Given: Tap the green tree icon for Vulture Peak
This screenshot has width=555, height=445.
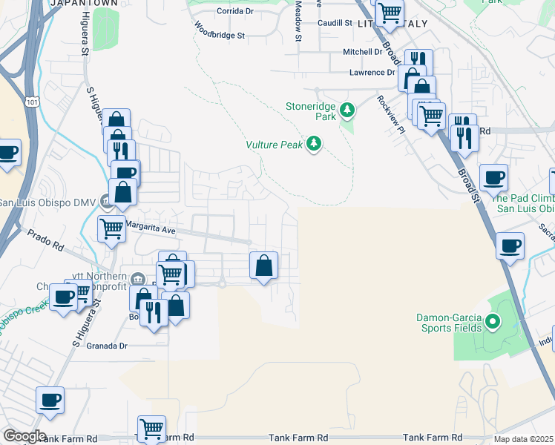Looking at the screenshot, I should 314,143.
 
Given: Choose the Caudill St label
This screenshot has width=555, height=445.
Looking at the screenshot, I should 335,23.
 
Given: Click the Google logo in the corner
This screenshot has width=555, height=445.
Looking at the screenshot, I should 24,436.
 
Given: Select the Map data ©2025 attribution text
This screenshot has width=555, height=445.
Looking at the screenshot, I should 523,439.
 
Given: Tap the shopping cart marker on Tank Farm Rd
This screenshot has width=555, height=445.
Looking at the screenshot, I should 151,428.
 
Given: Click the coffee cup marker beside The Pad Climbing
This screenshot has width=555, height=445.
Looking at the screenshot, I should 493,177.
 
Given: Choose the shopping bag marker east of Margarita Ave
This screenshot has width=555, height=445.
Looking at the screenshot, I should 263,265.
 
